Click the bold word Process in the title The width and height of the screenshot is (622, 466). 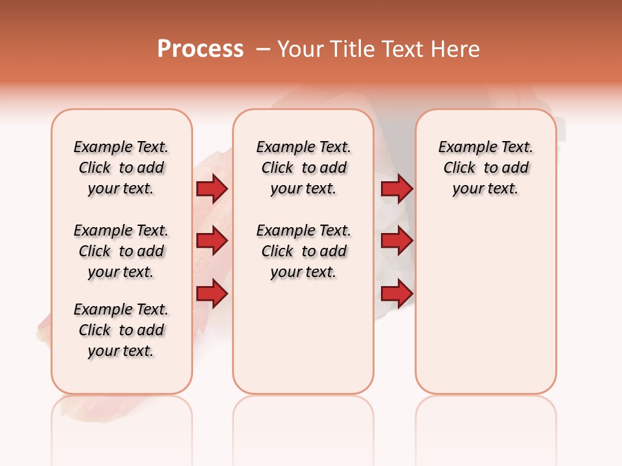[x=200, y=49]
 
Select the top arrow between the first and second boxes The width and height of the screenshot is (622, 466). [x=212, y=189]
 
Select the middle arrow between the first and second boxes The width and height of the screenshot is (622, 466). [x=212, y=241]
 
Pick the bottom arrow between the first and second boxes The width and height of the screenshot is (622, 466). [x=212, y=293]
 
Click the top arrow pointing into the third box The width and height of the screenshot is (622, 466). [x=397, y=189]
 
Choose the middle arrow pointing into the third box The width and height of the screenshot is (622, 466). [x=397, y=241]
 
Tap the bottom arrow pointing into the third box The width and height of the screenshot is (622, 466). [x=397, y=293]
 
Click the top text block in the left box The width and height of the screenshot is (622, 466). [x=121, y=168]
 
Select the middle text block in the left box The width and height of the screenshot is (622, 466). [x=121, y=251]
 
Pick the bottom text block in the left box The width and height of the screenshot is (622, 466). [x=121, y=330]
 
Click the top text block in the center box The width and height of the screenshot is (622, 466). [x=304, y=168]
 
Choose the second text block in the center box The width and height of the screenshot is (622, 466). [x=304, y=251]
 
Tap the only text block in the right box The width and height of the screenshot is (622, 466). [x=486, y=168]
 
